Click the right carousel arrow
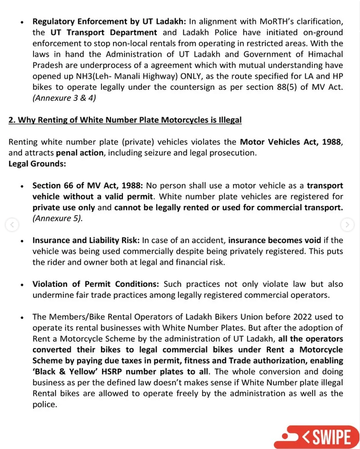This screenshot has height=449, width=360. (x=347, y=225)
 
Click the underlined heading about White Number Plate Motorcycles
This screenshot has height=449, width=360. (x=125, y=120)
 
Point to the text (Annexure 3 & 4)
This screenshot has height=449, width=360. (x=64, y=98)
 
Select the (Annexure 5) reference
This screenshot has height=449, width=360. (x=58, y=218)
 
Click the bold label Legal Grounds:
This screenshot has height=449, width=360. (x=37, y=164)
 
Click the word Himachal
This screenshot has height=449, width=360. (x=322, y=54)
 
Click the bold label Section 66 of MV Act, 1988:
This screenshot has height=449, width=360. (x=88, y=186)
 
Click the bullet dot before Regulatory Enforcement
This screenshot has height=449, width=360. (x=21, y=22)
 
